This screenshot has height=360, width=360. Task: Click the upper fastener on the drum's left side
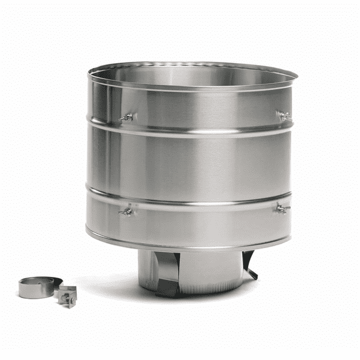127,117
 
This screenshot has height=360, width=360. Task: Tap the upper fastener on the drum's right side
285,116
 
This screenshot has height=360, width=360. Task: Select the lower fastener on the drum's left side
127,211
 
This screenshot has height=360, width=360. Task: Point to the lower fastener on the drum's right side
283,209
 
